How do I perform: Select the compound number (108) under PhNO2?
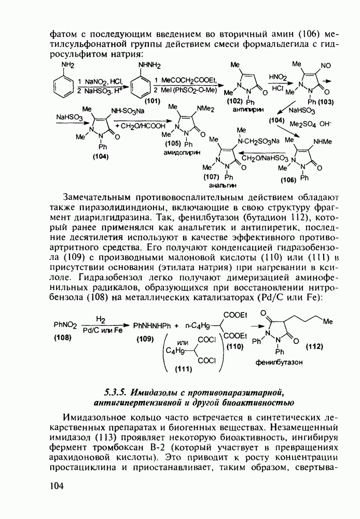[x=64, y=337]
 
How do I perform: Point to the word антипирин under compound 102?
[x=242, y=110]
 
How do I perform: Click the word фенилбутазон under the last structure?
[x=279, y=363]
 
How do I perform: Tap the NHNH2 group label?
[x=149, y=65]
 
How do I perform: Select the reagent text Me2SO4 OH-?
[x=310, y=125]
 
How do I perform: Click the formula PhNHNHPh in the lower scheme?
[x=151, y=326]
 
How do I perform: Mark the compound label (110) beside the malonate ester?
[x=235, y=346]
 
